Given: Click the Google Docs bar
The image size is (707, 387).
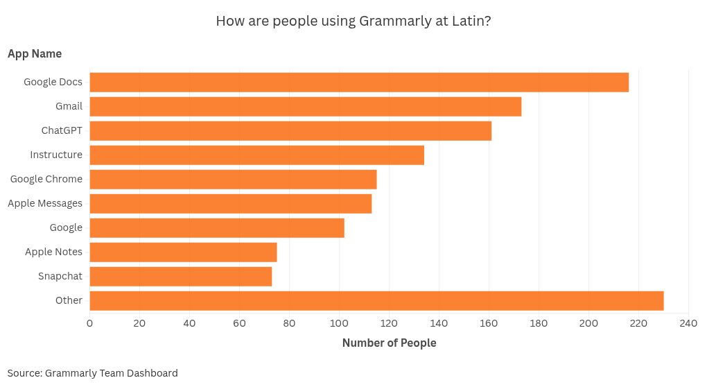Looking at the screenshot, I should click(359, 82).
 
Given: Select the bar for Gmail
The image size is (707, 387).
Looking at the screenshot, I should click(305, 106).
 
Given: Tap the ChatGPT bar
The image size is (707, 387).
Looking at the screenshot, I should click(290, 130).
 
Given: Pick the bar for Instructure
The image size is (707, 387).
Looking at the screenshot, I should click(256, 155).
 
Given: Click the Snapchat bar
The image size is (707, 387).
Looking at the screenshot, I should click(180, 276).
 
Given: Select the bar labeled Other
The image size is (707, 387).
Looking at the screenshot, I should click(376, 300).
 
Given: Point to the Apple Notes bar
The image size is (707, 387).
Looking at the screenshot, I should click(183, 252).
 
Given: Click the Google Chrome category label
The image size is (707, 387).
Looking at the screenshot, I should click(46, 179).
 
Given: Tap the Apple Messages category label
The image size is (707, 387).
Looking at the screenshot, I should click(45, 203).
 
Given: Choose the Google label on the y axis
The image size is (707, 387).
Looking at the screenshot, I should click(66, 227).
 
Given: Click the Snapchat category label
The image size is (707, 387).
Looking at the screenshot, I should click(60, 276).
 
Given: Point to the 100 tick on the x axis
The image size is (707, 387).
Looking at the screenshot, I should click(339, 322).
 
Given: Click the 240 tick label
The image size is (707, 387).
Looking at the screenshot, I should click(688, 322).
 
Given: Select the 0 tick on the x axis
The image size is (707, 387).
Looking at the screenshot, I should click(89, 322).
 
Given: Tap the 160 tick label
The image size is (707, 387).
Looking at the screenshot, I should click(489, 322).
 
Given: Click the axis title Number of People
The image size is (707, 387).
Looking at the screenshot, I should click(389, 343).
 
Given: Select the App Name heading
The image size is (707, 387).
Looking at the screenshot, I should click(35, 53).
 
